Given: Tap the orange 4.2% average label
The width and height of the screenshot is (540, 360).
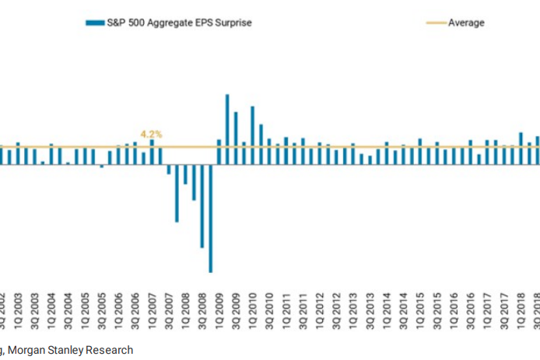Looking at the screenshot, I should [x=151, y=135].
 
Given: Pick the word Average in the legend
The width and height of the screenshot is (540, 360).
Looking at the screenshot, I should [x=466, y=23].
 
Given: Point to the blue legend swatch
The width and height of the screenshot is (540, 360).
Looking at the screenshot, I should [x=95, y=23].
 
